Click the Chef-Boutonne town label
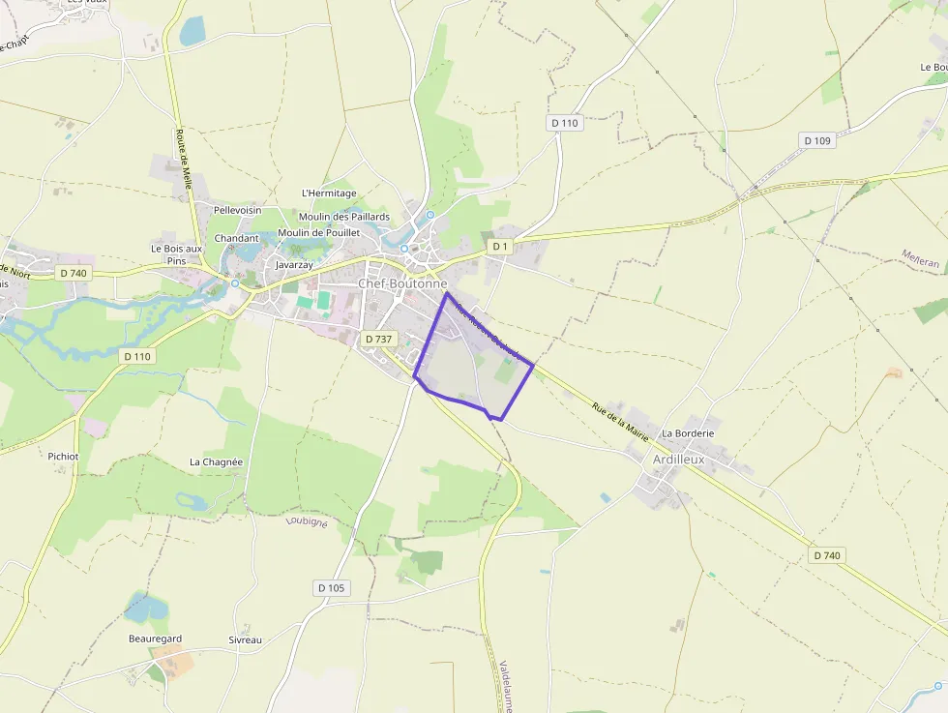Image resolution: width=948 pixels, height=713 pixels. pyautogui.click(x=403, y=283)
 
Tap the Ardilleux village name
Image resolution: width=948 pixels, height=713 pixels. pyautogui.click(x=679, y=460)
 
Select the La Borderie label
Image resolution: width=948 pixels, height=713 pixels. pyautogui.click(x=688, y=433)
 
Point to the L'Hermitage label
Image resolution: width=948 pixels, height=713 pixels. pyautogui.click(x=329, y=193)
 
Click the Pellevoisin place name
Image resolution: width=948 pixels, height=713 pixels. pyautogui.click(x=237, y=209)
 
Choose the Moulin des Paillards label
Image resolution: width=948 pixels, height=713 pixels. pyautogui.click(x=344, y=217)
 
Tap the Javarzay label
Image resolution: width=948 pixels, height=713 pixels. pyautogui.click(x=294, y=264)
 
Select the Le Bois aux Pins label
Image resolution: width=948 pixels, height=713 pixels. pyautogui.click(x=176, y=253)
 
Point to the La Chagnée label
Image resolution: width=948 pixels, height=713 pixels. pyautogui.click(x=216, y=462)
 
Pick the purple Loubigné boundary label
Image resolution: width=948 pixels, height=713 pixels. pyautogui.click(x=307, y=522)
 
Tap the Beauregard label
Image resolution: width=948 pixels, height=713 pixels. pyautogui.click(x=155, y=639)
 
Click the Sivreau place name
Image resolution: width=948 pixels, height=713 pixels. pyautogui.click(x=245, y=640)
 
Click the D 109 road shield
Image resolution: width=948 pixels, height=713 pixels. pyautogui.click(x=817, y=141)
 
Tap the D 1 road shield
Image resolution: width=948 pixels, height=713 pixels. pyautogui.click(x=499, y=247)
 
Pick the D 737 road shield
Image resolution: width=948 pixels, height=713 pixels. pyautogui.click(x=378, y=340)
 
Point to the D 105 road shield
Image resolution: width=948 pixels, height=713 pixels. pyautogui.click(x=331, y=588)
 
